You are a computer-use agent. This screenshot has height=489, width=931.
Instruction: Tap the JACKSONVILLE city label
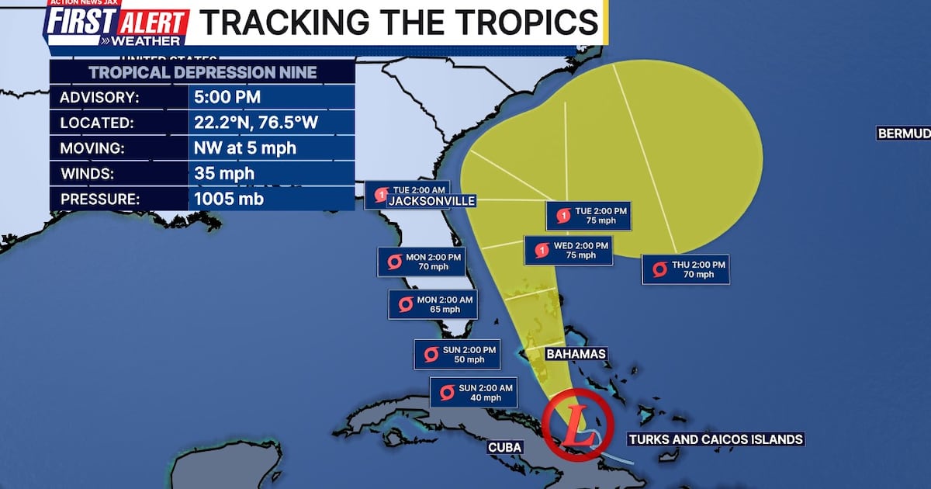tap(431, 201)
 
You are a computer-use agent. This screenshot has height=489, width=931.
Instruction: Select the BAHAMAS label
tap(576, 354)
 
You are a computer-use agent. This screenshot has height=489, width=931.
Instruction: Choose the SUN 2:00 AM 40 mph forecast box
tap(474, 393)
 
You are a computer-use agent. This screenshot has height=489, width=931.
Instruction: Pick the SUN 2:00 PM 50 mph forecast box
tap(456, 354)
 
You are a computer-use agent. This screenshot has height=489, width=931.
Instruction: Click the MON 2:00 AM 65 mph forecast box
tap(431, 304)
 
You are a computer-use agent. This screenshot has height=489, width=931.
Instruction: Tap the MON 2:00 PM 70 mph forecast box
tap(421, 262)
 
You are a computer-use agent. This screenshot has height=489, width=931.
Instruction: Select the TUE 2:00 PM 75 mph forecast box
tap(588, 215)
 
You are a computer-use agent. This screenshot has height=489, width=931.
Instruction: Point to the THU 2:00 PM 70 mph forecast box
tap(685, 269)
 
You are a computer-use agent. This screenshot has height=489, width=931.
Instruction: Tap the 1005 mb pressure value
tap(229, 199)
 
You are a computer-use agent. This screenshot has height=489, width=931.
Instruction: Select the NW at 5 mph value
tap(244, 148)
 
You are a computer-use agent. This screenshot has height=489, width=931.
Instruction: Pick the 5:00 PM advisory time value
tap(227, 98)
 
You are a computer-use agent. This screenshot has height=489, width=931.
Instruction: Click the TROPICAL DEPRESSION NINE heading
tap(202, 73)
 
